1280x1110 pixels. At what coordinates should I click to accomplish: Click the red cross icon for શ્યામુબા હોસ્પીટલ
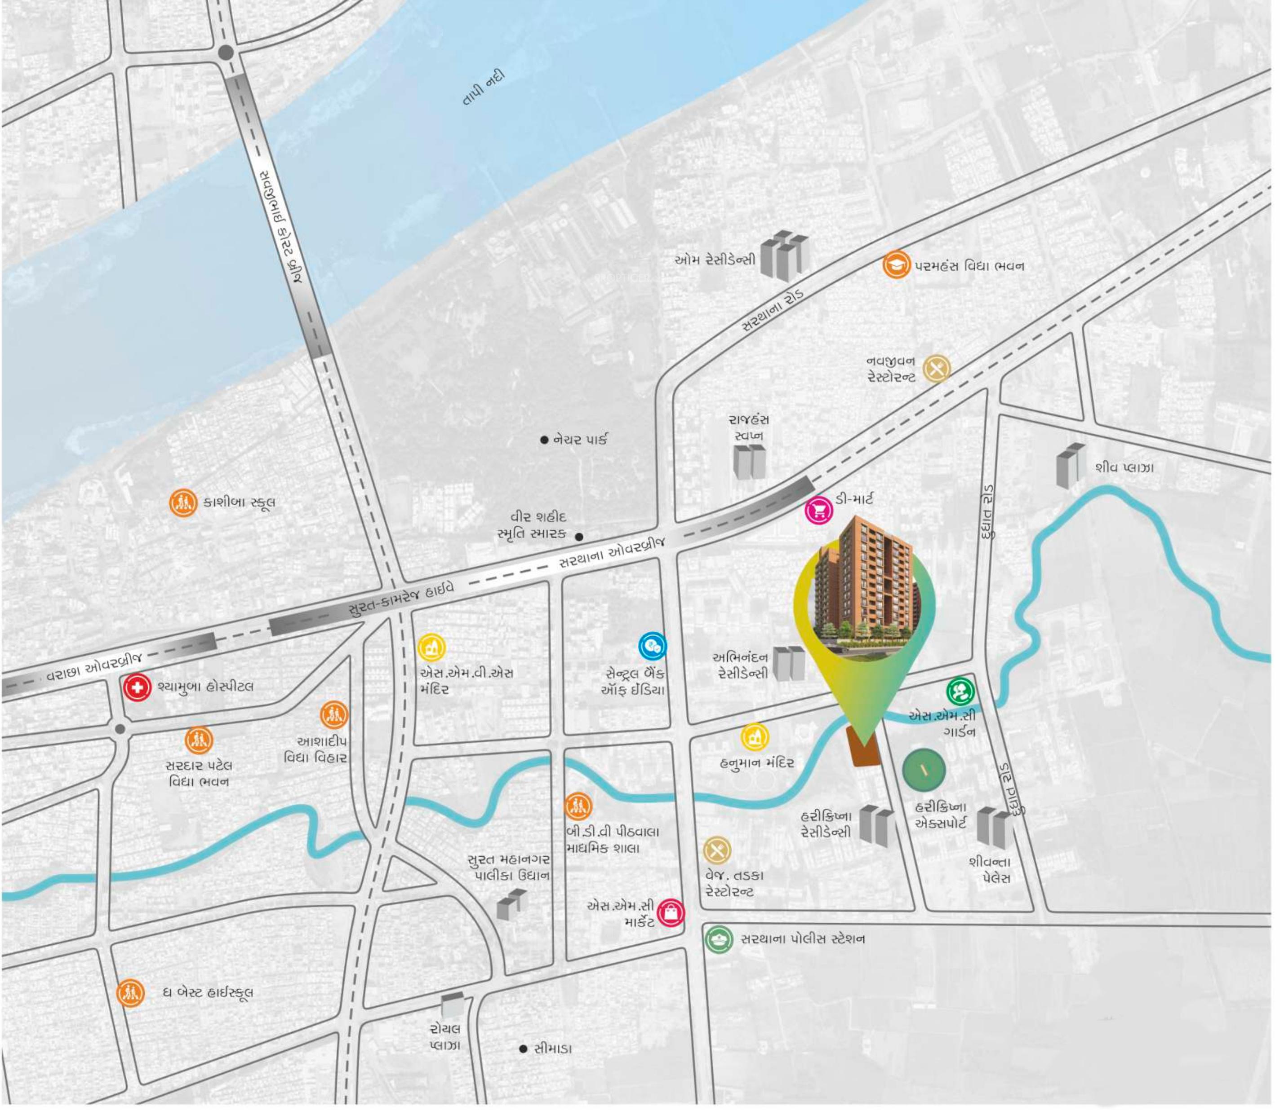(138, 687)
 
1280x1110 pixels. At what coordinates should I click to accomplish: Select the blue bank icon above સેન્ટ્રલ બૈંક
(653, 647)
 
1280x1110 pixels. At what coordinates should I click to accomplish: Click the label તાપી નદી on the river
(484, 88)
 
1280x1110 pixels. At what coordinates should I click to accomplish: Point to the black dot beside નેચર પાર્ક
(544, 440)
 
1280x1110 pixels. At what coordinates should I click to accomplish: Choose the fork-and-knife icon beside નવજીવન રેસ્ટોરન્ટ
(937, 369)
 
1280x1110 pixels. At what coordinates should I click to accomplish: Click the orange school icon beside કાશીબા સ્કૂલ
(183, 503)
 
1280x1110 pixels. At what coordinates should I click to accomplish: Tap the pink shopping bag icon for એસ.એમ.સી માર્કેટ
(671, 912)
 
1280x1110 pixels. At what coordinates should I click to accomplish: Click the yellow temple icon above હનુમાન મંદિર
(755, 737)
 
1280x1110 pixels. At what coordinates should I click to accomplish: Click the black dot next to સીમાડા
(523, 1048)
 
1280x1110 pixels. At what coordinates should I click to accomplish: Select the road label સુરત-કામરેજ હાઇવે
(400, 599)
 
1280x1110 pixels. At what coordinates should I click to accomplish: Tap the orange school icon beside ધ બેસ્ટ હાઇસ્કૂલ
(130, 993)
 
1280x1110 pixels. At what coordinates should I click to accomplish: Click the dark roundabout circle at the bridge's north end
(226, 53)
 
